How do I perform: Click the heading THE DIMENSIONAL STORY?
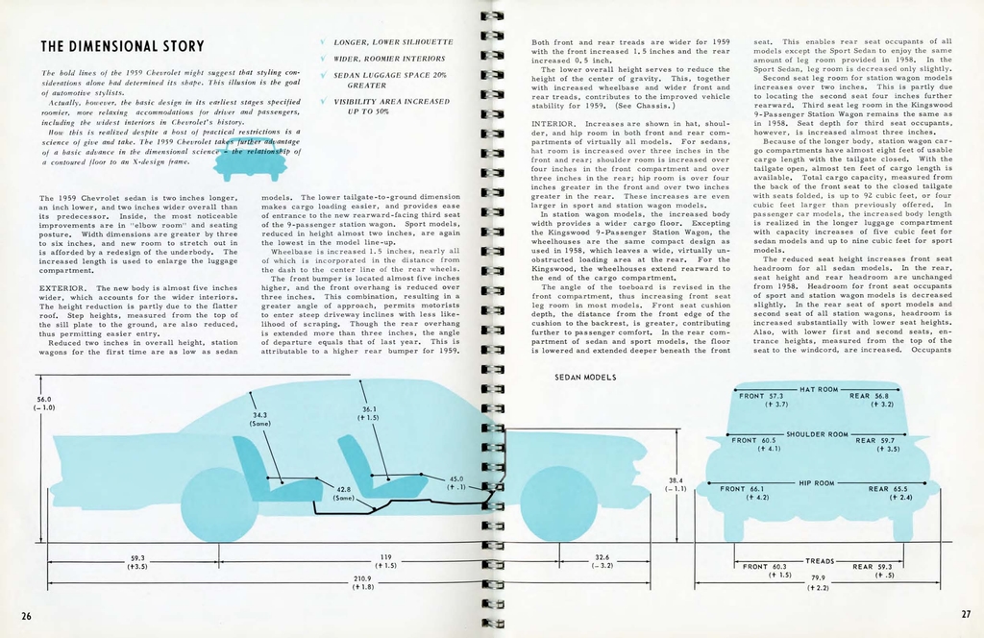tap(122, 46)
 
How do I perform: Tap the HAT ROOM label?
tap(820, 390)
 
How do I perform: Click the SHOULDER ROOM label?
tap(819, 435)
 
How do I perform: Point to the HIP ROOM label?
tap(819, 483)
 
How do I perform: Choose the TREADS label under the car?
tap(820, 560)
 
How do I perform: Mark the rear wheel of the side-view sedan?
tap(218, 503)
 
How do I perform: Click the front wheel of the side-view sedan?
tap(558, 503)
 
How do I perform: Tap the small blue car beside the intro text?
tap(249, 160)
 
